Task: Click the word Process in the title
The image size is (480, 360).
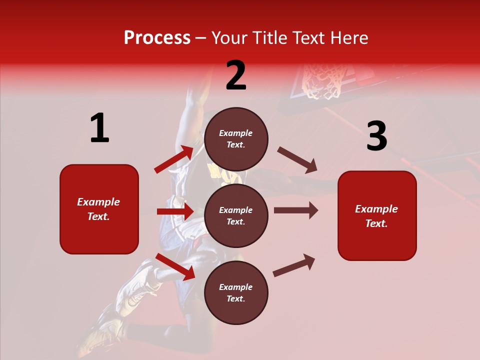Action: coord(157,38)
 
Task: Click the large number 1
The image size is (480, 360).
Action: coord(99,128)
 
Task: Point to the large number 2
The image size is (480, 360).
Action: coord(236,75)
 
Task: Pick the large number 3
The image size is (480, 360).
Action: coord(376,136)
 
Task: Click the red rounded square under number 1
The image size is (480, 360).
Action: coord(99,209)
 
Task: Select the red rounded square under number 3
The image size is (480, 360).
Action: coord(377,215)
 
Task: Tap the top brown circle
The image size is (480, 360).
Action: coord(236,139)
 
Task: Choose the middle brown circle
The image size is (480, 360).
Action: coord(236,215)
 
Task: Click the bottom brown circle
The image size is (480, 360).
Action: coord(236,292)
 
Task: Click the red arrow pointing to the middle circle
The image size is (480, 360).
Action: coord(175,211)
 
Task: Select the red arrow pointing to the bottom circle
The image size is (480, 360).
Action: coord(175,266)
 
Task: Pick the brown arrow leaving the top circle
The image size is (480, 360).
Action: coord(297,160)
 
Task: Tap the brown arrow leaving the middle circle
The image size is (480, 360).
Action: coord(296,210)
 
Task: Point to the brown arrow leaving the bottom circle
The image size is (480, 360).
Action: coord(294,265)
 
